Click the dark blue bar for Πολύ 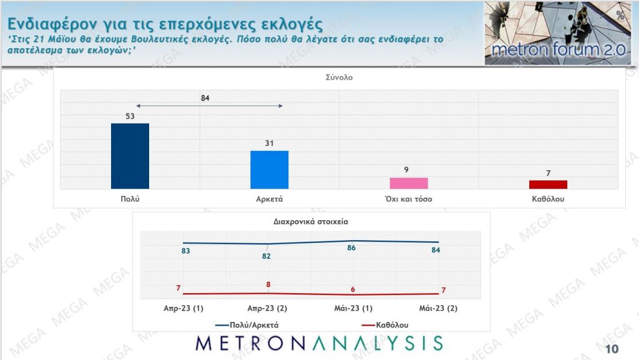click(130, 156)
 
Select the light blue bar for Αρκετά click(269, 170)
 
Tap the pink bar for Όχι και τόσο click(409, 183)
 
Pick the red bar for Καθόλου click(548, 184)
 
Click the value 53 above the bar click(130, 116)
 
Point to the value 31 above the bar click(269, 144)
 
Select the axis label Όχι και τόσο click(409, 199)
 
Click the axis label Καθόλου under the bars click(548, 199)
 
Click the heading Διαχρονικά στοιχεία click(311, 221)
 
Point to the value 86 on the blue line click(351, 248)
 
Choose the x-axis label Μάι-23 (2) click(439, 308)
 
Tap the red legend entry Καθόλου click(386, 324)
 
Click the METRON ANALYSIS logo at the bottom click(319, 343)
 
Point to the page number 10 click(612, 348)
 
